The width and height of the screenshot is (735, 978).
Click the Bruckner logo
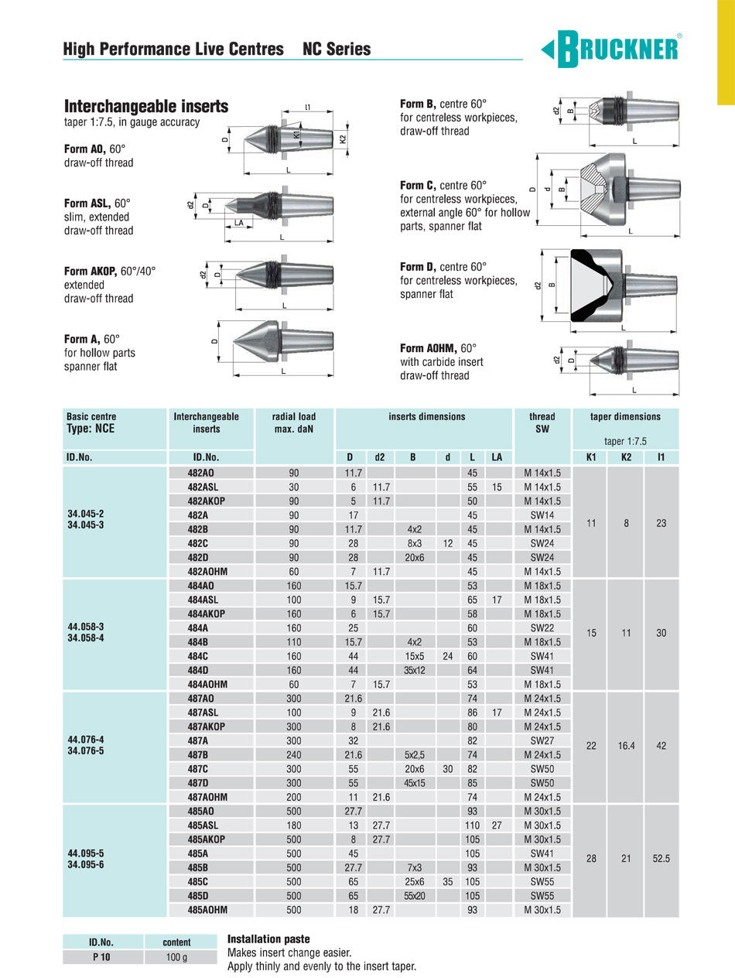coord(611,50)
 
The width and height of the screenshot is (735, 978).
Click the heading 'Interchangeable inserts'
coord(146,107)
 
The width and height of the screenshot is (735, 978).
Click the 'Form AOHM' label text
coord(429,348)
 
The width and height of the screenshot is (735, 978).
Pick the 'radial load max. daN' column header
coord(294,422)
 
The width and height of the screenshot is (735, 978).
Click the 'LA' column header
coord(497,457)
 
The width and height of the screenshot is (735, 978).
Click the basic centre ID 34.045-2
coord(85,512)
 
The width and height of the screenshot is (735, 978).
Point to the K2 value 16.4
coord(627,747)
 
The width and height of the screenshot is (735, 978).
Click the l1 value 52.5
coord(661,859)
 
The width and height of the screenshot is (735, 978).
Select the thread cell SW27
coord(542,740)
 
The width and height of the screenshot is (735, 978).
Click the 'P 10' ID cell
coord(102,956)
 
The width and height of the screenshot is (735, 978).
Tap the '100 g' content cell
coord(176,956)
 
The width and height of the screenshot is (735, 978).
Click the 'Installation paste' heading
coord(268,939)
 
